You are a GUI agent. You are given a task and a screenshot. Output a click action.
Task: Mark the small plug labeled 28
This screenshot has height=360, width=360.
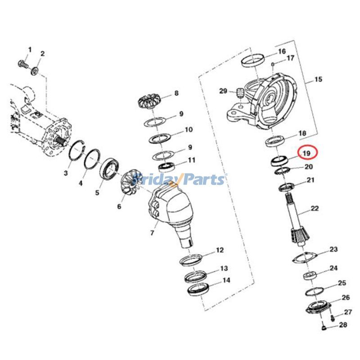(x=324, y=331)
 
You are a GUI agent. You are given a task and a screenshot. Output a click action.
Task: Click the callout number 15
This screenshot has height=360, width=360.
(x=318, y=80)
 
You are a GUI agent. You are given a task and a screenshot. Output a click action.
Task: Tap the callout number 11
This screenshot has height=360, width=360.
(x=192, y=160)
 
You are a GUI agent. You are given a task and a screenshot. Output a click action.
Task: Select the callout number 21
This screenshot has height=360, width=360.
(x=310, y=180)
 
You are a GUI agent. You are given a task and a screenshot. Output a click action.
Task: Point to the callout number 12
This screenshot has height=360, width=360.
(x=220, y=250)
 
